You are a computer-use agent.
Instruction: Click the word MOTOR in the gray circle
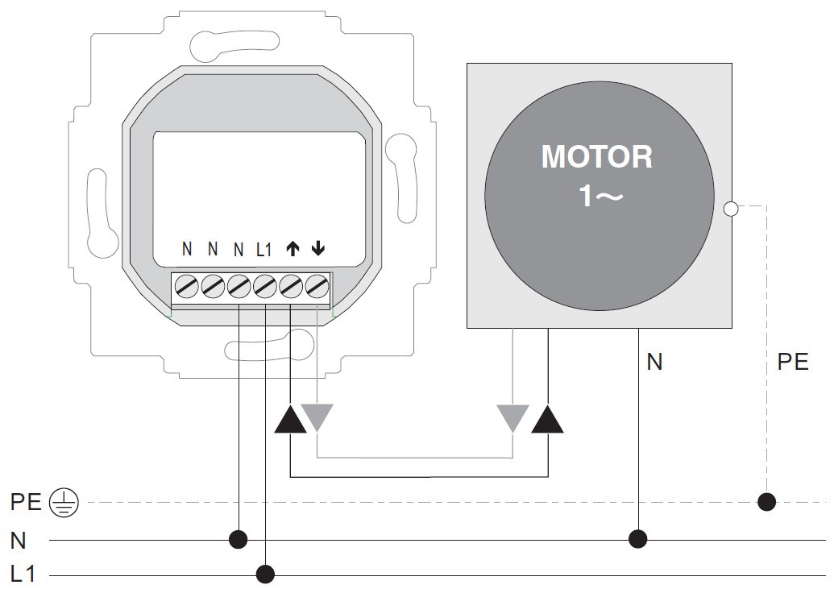coord(597,156)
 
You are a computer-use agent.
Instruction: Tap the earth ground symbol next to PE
coord(65,503)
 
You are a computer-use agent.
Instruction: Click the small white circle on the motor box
coord(731,209)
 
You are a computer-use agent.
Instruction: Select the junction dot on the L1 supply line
coord(265,574)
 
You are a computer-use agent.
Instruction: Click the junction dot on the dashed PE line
coord(766,503)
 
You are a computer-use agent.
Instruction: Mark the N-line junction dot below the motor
coord(638,537)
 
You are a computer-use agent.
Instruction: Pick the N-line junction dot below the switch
coord(239,537)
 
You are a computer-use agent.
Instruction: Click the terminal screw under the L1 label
coord(265,285)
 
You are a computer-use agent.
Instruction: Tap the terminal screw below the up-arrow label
coord(292,285)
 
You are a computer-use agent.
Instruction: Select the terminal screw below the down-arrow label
coord(317,285)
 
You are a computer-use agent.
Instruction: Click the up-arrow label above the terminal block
coord(293,249)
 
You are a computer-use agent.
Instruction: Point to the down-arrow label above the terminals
coord(318,249)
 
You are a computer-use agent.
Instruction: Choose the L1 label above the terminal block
coord(265,250)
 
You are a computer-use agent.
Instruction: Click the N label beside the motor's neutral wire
coord(654,363)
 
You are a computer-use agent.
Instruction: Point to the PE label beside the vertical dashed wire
coord(793,363)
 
